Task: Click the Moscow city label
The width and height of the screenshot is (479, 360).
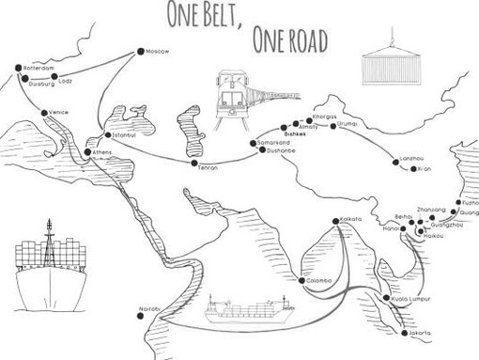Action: click(x=158, y=51)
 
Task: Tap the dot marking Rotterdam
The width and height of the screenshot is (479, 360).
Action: click(x=18, y=68)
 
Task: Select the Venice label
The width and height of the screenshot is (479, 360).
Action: click(x=58, y=113)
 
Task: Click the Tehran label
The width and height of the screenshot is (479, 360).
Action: click(x=208, y=166)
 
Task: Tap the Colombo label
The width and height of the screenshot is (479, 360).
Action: click(x=318, y=280)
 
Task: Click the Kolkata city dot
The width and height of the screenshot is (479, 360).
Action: click(x=334, y=221)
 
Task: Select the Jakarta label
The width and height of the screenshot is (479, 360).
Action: click(x=419, y=334)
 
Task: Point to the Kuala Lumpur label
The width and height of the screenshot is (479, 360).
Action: click(x=412, y=299)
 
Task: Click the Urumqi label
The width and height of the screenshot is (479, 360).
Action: click(x=347, y=123)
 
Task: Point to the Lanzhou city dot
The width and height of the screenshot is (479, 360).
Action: click(x=396, y=162)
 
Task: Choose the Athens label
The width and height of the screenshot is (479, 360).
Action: click(x=102, y=152)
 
